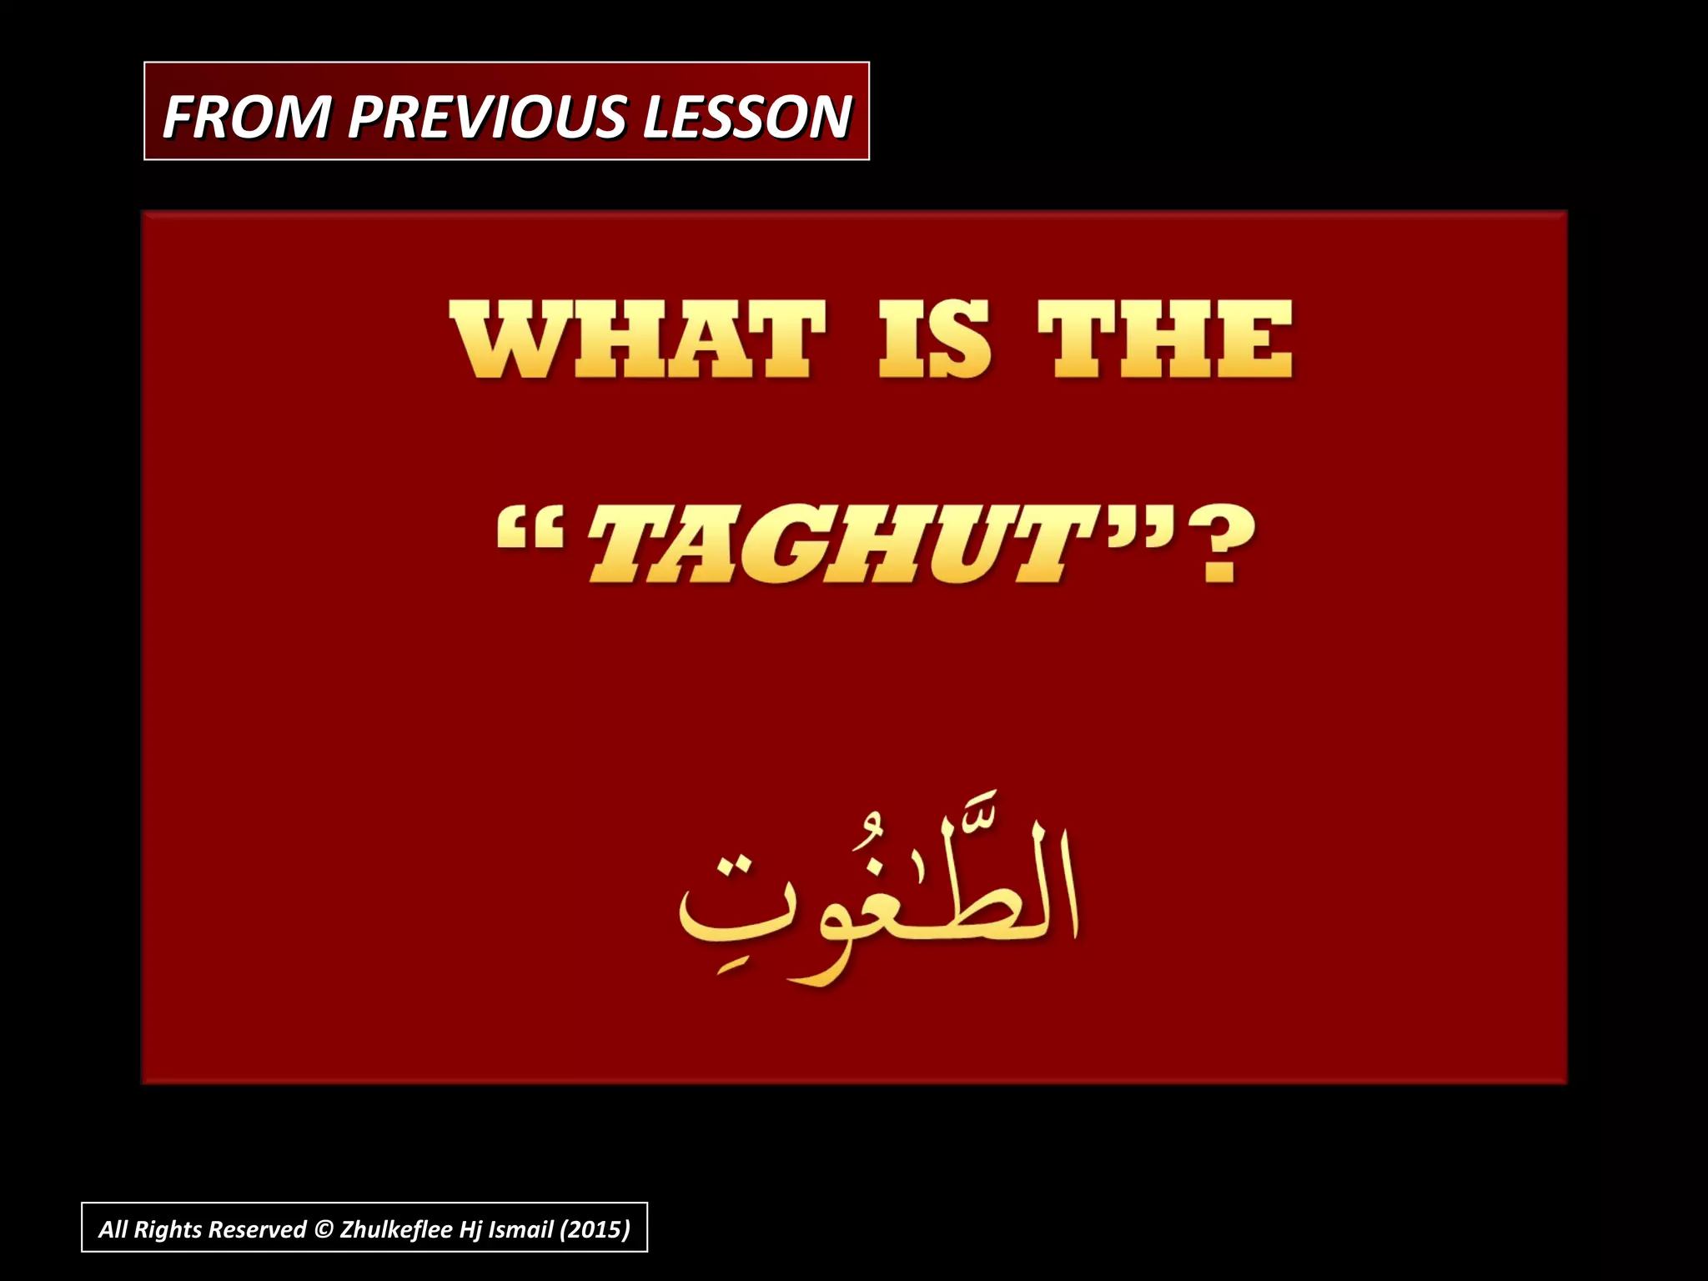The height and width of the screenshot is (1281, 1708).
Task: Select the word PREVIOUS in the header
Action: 487,117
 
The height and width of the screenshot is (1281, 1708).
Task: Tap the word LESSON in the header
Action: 746,117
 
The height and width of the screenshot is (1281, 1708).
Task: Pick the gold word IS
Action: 934,340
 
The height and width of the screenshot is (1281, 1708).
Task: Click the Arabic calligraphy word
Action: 876,901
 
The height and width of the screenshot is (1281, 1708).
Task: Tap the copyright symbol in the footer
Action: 324,1229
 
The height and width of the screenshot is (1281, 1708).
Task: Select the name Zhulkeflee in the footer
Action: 396,1229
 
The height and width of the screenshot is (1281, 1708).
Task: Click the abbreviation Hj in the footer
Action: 470,1229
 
